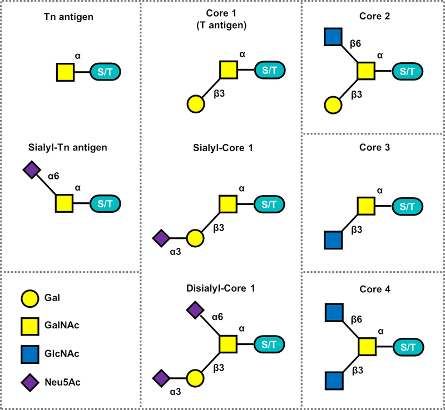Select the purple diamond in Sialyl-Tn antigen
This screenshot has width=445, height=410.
point(31,169)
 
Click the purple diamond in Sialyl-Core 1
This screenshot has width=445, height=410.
point(161,238)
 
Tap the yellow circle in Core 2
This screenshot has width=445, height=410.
point(332,104)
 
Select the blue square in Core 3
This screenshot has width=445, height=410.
point(332,239)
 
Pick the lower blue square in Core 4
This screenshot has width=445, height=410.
point(332,382)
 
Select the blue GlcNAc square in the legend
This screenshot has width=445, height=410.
point(31,352)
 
